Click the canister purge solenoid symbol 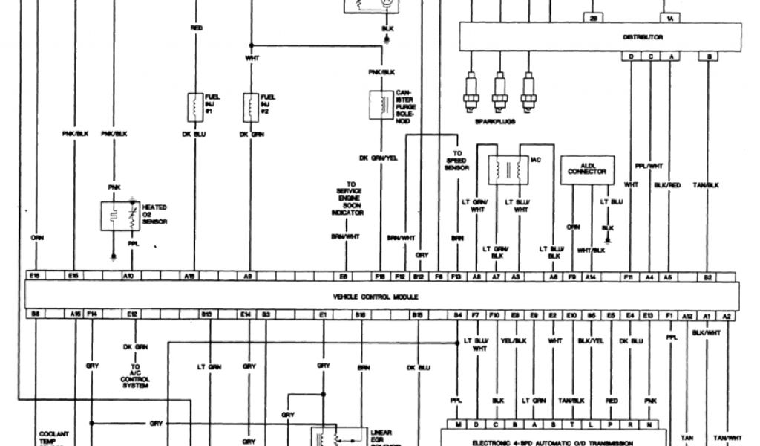pyautogui.click(x=381, y=104)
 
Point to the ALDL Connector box pyautogui.click(x=586, y=169)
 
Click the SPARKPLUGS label pyautogui.click(x=495, y=118)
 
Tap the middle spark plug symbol pyautogui.click(x=499, y=88)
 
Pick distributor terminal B pyautogui.click(x=710, y=56)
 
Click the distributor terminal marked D pyautogui.click(x=631, y=56)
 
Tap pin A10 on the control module pyautogui.click(x=128, y=276)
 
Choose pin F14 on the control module pyautogui.click(x=92, y=315)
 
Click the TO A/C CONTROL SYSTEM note pyautogui.click(x=135, y=377)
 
